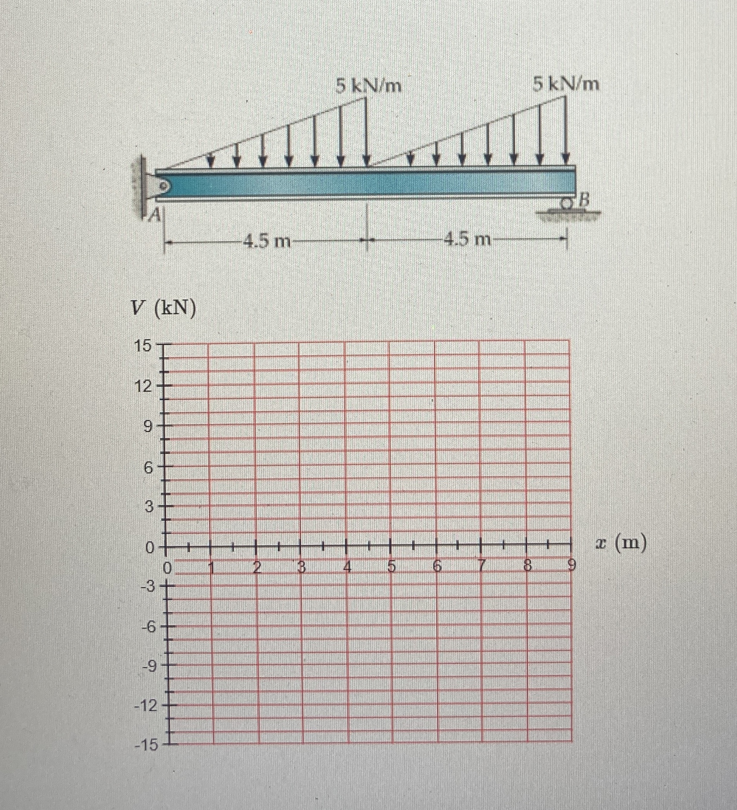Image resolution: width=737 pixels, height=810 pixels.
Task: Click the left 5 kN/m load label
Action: [x=369, y=86]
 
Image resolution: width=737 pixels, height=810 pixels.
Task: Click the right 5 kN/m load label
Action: [x=566, y=85]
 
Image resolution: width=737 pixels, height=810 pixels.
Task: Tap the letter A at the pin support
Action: [x=155, y=217]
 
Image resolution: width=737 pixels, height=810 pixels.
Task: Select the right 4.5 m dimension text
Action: [x=468, y=240]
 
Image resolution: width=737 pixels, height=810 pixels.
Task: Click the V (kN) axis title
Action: [x=165, y=310]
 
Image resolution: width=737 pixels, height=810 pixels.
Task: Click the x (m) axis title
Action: [x=621, y=544]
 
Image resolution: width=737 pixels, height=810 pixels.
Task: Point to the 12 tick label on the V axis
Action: [x=143, y=387]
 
